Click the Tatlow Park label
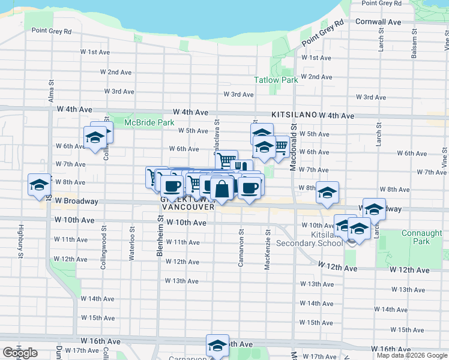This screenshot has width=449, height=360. point(276,80)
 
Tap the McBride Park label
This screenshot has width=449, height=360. point(149,123)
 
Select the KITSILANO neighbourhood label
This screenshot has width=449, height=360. point(294,113)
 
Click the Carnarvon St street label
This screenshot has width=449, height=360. point(241,248)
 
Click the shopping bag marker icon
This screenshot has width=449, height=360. point(222,188)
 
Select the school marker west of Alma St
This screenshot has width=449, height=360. point(40,184)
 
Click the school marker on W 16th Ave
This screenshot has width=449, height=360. point(217,344)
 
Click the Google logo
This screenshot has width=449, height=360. point(20,353)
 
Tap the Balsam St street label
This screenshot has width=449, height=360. point(414,49)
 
